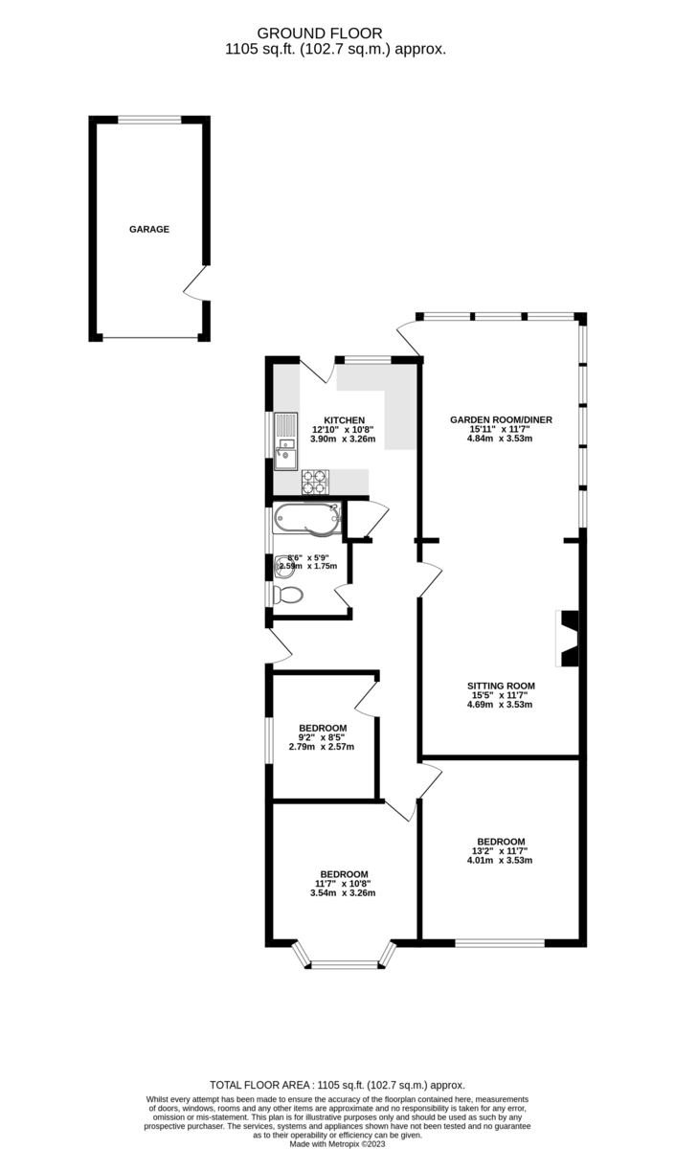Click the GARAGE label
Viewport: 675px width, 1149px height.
tap(149, 230)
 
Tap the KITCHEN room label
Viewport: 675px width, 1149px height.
tap(344, 420)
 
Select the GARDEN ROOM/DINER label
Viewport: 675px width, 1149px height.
tap(501, 419)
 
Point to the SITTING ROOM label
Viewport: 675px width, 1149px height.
tap(501, 686)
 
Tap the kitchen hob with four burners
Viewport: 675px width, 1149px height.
tap(315, 482)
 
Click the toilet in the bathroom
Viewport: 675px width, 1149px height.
tap(287, 595)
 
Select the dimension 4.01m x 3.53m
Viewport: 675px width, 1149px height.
tap(499, 860)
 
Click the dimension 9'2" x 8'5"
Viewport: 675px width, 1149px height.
tap(322, 737)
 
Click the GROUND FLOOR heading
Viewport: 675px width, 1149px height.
tap(337, 32)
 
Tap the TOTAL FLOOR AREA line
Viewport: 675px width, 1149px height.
tap(337, 1085)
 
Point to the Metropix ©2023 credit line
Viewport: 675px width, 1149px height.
tap(337, 1143)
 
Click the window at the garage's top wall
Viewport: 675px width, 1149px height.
tap(149, 120)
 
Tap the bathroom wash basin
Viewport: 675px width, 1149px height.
tap(283, 565)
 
